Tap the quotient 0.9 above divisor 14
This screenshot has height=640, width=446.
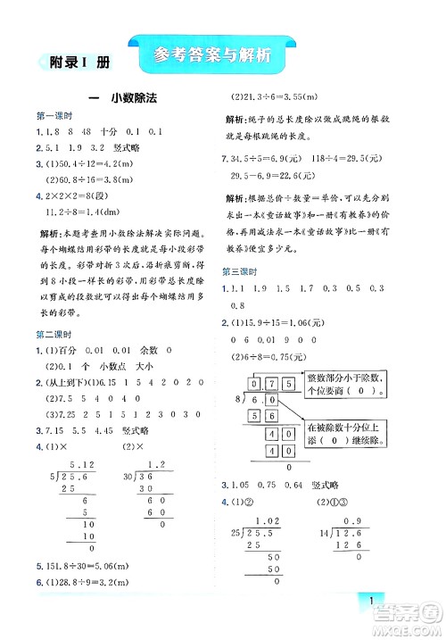[367, 498]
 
